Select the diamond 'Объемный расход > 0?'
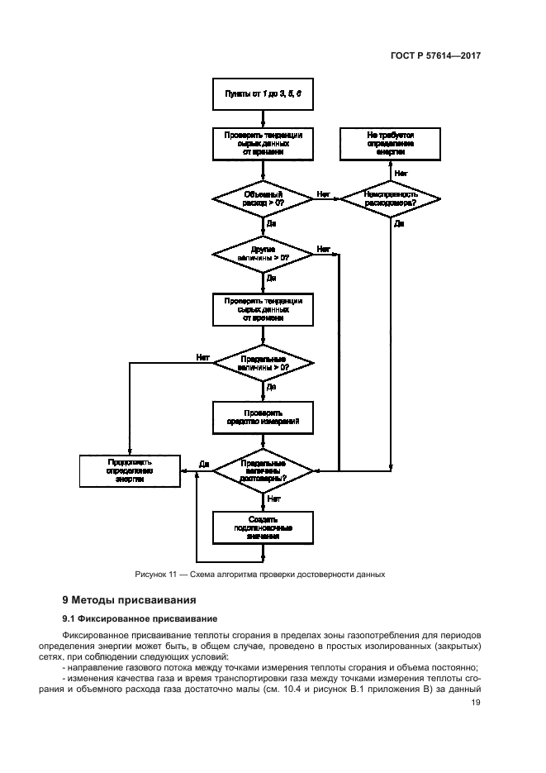263,198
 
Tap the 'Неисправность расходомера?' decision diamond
391,198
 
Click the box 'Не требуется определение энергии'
391,142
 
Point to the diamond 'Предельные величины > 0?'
263,363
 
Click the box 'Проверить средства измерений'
263,417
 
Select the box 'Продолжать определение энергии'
130,470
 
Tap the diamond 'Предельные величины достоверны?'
263,470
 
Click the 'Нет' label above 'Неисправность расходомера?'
401,173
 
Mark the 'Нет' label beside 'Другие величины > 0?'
324,248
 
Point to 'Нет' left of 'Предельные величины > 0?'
202,357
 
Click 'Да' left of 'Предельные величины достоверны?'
204,465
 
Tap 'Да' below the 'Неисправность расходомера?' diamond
399,223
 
